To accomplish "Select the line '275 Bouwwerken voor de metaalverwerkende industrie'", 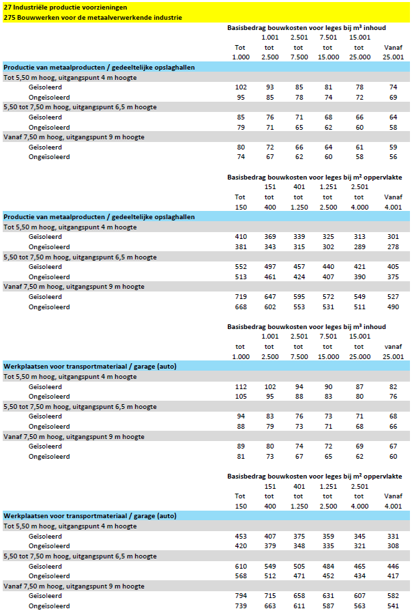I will tap(93, 16).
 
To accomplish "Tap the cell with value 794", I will tap(240, 596).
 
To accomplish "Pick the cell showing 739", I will tap(240, 606).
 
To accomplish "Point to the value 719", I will tap(240, 296).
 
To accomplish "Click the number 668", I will tap(240, 307).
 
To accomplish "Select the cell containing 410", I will tap(240, 236).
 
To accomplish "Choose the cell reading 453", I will tap(240, 536).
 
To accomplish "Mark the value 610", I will tap(240, 566).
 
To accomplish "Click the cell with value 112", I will tap(240, 386).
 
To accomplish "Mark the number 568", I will tap(240, 576).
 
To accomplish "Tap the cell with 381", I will tap(240, 246).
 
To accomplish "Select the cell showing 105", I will tap(240, 396).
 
